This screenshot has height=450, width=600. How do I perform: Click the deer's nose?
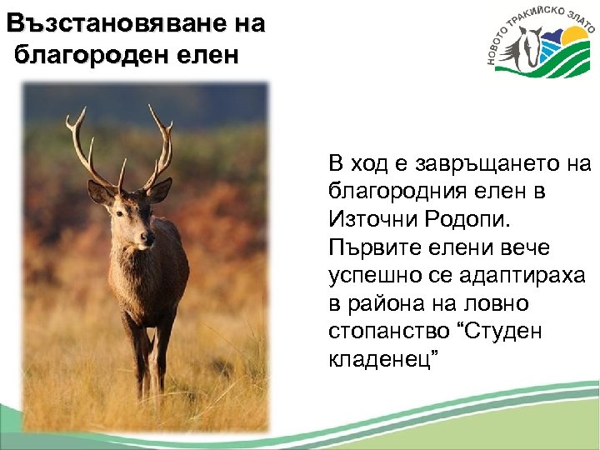pos(147,238)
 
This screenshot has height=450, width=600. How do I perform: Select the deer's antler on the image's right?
pos(159,146)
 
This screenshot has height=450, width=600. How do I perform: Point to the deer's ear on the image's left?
pos(102,193)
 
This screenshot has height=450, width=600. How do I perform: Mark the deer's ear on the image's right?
pos(159,191)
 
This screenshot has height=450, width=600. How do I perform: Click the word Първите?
pos(375,247)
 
